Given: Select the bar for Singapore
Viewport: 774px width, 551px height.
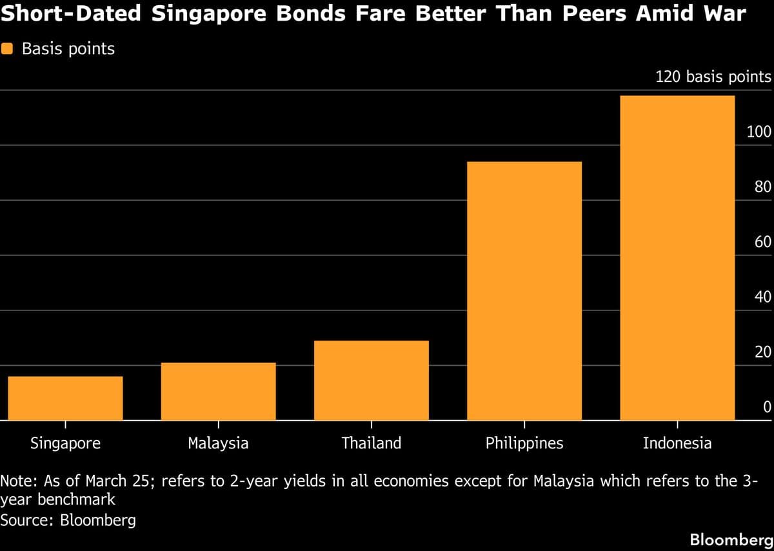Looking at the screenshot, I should [65, 398].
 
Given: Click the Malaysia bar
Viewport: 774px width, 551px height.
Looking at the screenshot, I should [218, 392].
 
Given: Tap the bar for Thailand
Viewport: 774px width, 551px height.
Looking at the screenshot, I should [371, 381].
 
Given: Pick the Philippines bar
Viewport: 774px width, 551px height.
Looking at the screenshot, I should [524, 291].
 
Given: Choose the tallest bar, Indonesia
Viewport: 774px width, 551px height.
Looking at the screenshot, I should [677, 258].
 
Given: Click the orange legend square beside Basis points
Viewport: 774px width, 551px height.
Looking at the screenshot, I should [8, 48].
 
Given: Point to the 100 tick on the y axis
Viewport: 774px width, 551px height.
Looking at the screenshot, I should [759, 133].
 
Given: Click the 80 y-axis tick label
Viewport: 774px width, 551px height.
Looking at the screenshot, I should [762, 188].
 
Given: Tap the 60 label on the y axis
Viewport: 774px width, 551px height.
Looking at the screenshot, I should [762, 243].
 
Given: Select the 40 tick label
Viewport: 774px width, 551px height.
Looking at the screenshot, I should [762, 297].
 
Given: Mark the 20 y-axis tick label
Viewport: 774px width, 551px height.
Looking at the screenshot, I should [762, 352].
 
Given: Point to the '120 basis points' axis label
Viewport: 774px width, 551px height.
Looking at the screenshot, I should [713, 77].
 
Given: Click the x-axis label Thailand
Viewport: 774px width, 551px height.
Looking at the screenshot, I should [371, 443].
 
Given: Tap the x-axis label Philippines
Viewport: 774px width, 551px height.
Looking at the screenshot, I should [524, 443].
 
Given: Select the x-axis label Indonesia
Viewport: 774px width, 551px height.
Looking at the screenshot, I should [677, 443].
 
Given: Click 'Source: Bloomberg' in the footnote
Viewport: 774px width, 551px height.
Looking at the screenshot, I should [68, 520].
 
